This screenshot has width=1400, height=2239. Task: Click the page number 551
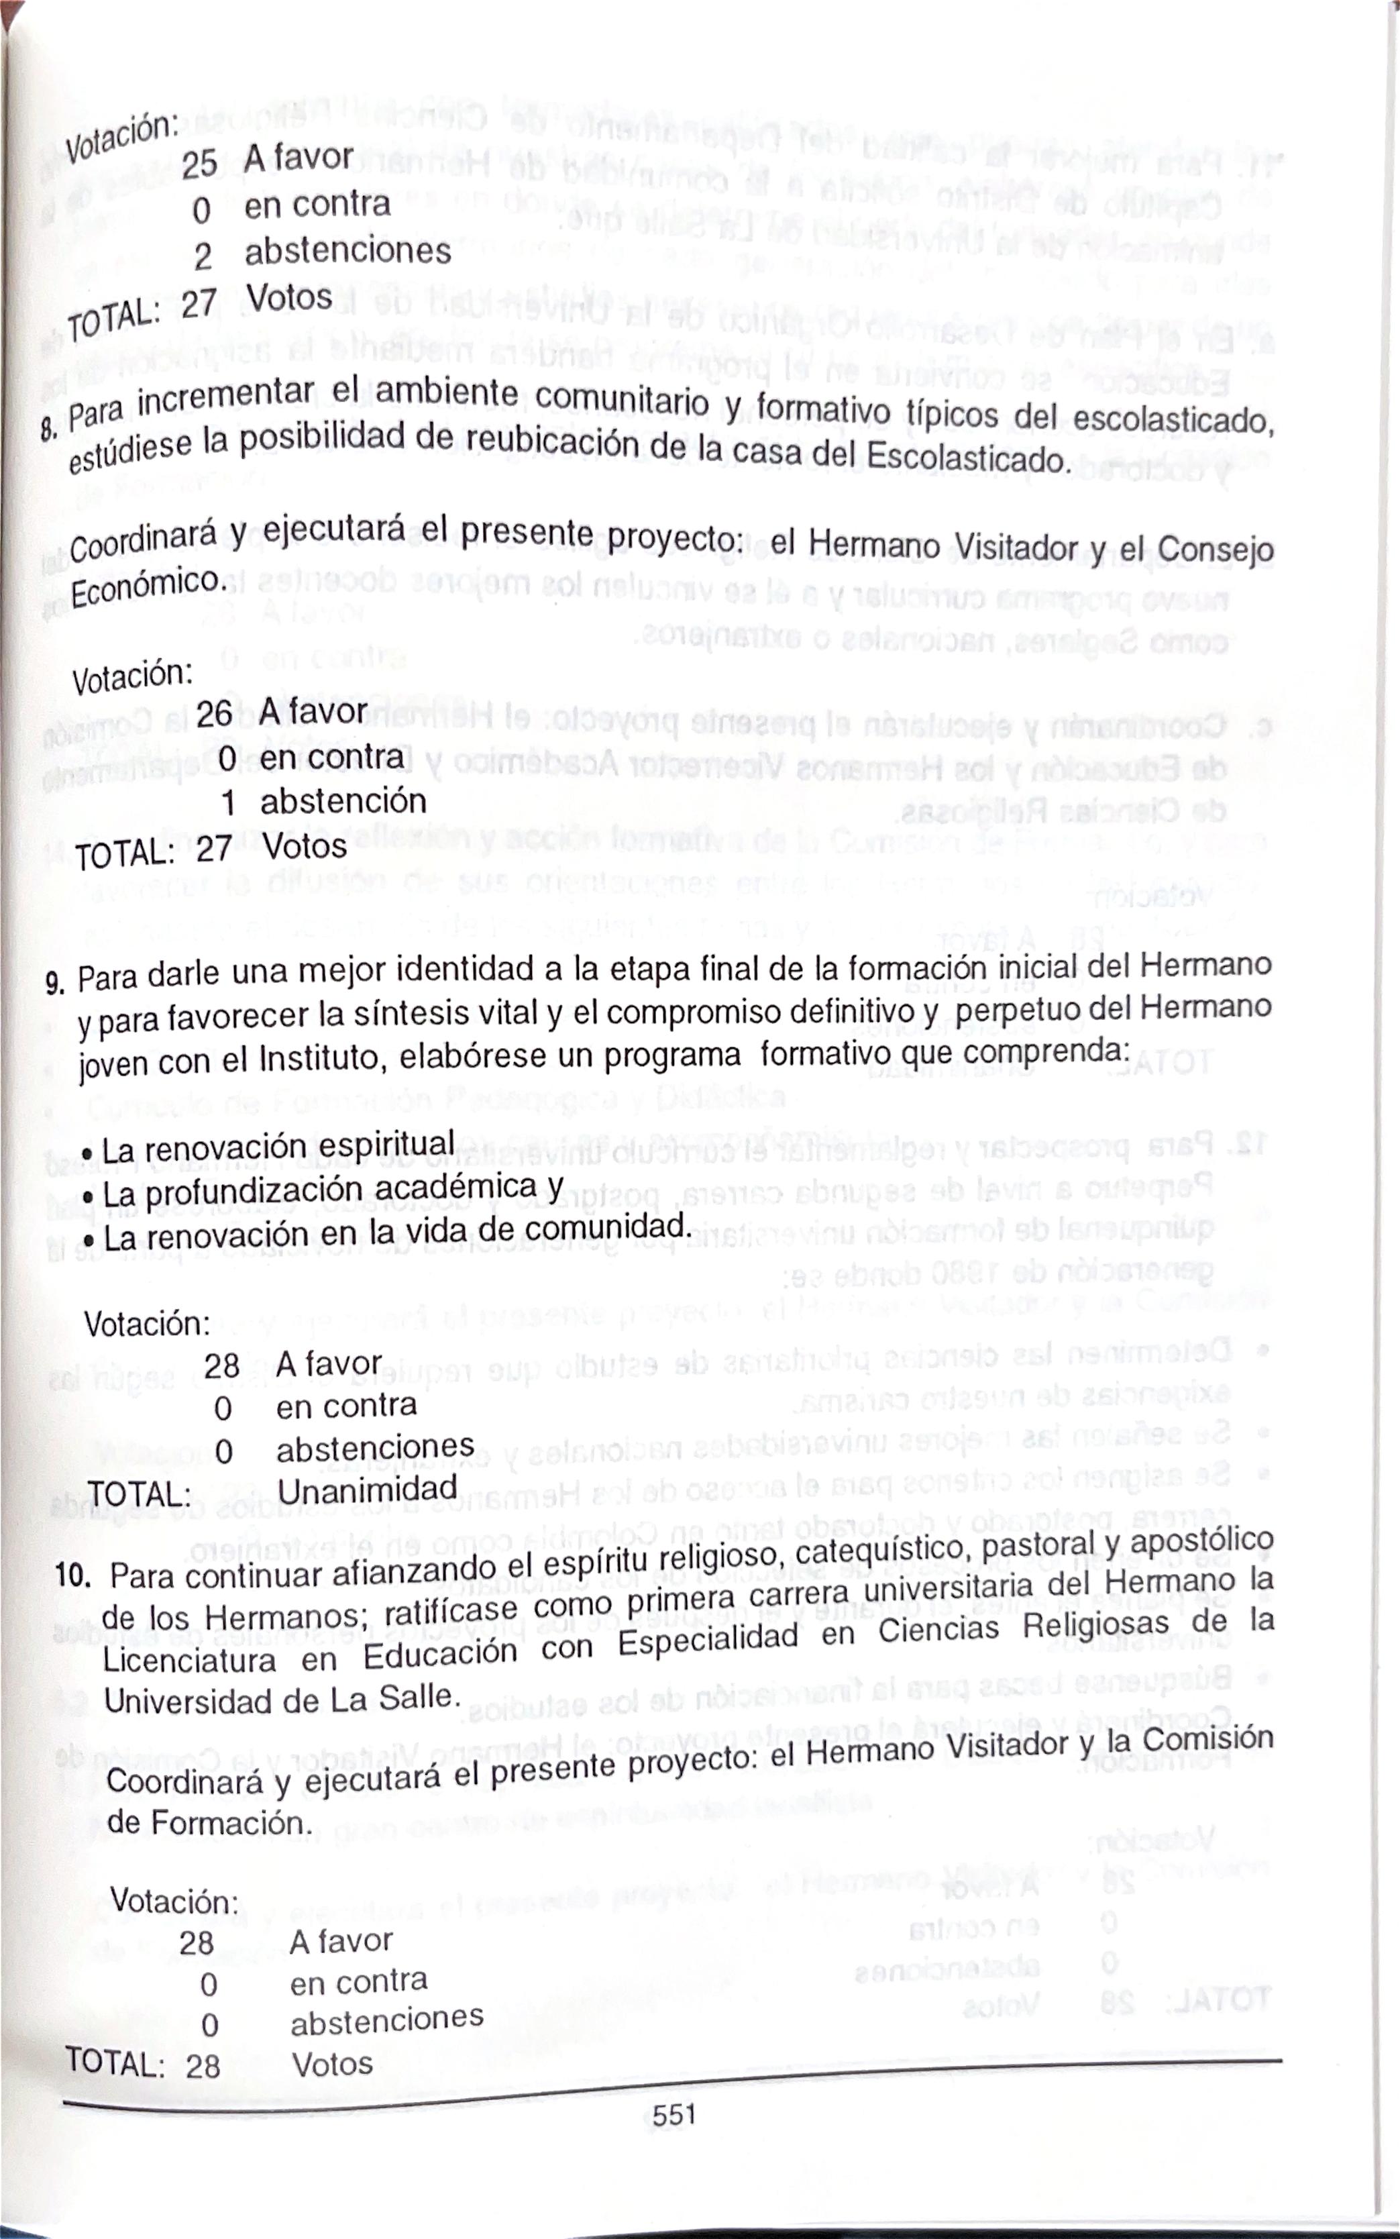point(673,2115)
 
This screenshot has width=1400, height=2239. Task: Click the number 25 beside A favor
point(199,164)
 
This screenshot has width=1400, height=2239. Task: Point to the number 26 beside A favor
point(214,713)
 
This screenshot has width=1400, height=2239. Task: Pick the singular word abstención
point(343,801)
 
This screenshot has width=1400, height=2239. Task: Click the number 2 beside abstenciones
point(203,256)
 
